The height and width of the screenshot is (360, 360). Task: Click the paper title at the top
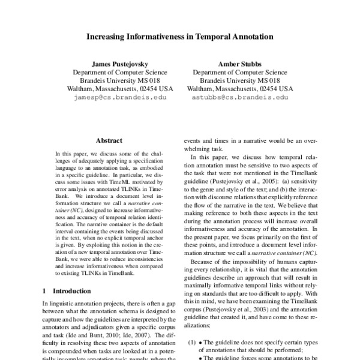[179, 36]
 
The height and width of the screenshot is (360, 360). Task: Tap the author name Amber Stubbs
[240, 62]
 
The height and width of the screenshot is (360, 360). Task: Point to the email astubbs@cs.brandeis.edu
[240, 97]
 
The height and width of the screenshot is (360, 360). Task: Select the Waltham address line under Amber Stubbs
[240, 88]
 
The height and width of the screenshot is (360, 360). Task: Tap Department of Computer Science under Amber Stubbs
[240, 71]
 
